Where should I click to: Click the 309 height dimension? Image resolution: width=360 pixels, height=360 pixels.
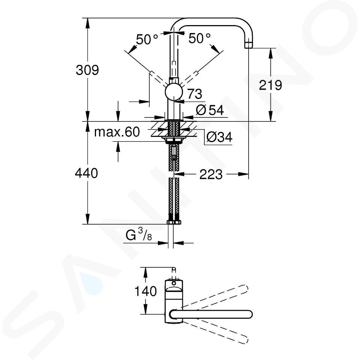(x=87, y=70)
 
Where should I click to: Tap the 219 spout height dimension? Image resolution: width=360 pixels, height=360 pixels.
(x=270, y=85)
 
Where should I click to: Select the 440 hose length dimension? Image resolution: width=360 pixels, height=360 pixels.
(x=86, y=173)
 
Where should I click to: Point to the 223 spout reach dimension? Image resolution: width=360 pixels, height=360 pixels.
(x=211, y=174)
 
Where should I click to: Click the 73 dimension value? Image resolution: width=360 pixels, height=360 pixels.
(x=195, y=94)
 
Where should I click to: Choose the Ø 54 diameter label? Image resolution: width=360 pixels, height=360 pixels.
(x=210, y=110)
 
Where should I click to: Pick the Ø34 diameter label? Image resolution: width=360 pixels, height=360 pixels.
(x=219, y=137)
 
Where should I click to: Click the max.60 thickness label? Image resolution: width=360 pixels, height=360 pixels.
(x=117, y=132)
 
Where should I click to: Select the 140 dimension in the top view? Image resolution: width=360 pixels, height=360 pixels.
(x=145, y=291)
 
